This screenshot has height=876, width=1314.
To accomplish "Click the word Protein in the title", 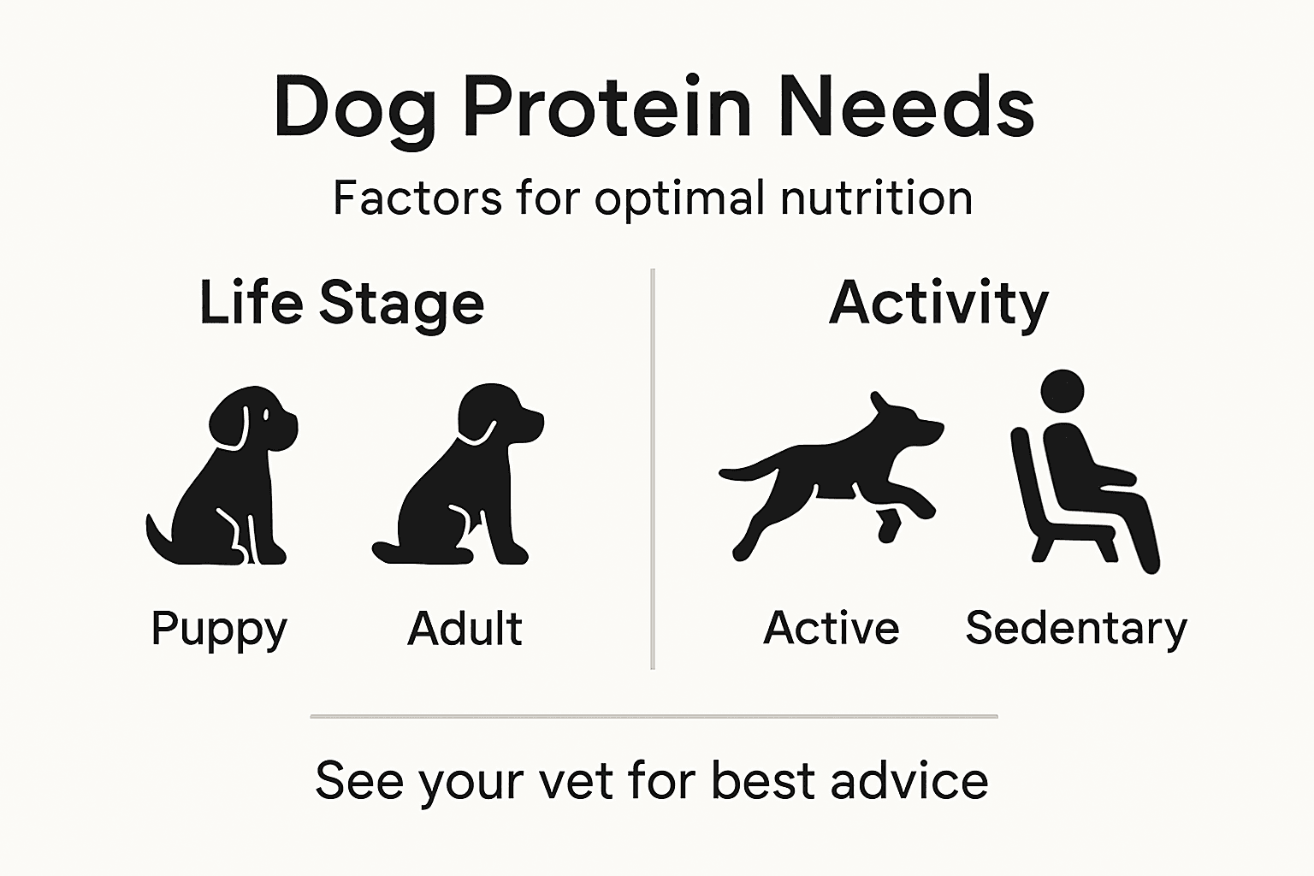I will (x=607, y=108).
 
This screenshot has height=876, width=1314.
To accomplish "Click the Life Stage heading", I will (x=341, y=303).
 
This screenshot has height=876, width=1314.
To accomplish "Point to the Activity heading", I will (x=938, y=303).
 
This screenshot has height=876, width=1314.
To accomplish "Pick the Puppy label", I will (x=219, y=630).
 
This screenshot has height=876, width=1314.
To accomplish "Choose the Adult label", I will (x=465, y=629).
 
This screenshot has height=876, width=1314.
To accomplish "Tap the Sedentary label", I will (x=1076, y=630).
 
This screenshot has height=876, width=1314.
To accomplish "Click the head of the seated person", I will (x=1062, y=393).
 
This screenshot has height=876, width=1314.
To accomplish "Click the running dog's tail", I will (x=744, y=470).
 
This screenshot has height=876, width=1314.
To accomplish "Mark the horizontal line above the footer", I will (x=654, y=716).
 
